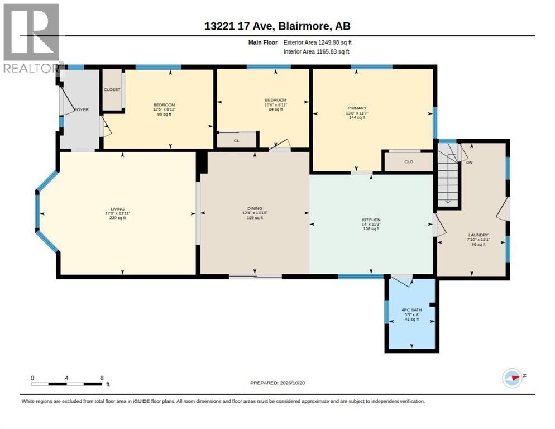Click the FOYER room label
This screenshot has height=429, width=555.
click(x=82, y=110)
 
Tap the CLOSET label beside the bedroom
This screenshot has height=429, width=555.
click(x=112, y=89)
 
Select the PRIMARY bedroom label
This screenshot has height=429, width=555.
click(x=357, y=108)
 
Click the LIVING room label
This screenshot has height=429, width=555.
click(x=117, y=209)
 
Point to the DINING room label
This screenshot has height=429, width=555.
click(x=255, y=208)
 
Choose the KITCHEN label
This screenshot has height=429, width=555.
click(x=371, y=220)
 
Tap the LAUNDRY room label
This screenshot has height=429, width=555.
click(x=478, y=235)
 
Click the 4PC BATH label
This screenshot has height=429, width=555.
click(x=412, y=309)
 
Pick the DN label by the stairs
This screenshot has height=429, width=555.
click(x=470, y=162)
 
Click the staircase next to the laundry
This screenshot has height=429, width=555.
click(x=448, y=174)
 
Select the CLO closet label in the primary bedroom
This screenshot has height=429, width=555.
click(x=409, y=161)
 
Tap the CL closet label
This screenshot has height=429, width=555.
click(x=236, y=141)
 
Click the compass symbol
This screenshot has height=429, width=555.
click(x=512, y=378)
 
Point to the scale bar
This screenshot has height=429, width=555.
click(x=66, y=384)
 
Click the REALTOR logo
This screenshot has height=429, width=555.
click(x=32, y=38)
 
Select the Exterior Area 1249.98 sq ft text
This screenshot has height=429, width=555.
click(x=318, y=42)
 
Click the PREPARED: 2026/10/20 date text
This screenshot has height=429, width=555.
click(x=277, y=383)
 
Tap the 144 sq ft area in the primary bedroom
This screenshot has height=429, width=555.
click(x=357, y=117)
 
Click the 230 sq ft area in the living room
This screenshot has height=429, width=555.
click(x=117, y=218)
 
